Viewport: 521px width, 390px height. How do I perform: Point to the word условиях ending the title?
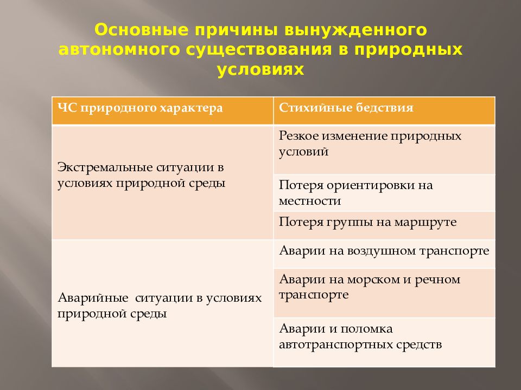pyautogui.click(x=260, y=70)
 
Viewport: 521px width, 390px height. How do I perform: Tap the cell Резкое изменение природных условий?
pyautogui.click(x=384, y=149)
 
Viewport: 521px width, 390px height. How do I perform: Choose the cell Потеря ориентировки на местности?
pyautogui.click(x=384, y=192)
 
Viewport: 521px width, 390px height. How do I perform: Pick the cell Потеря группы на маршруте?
pyautogui.click(x=384, y=225)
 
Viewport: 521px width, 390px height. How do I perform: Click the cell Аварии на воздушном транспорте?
pyautogui.click(x=384, y=253)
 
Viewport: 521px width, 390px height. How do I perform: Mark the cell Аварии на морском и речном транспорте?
pyautogui.click(x=384, y=291)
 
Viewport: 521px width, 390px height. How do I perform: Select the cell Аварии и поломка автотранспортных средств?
pyautogui.click(x=384, y=342)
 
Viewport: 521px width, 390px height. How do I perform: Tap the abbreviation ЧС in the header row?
pyautogui.click(x=66, y=108)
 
